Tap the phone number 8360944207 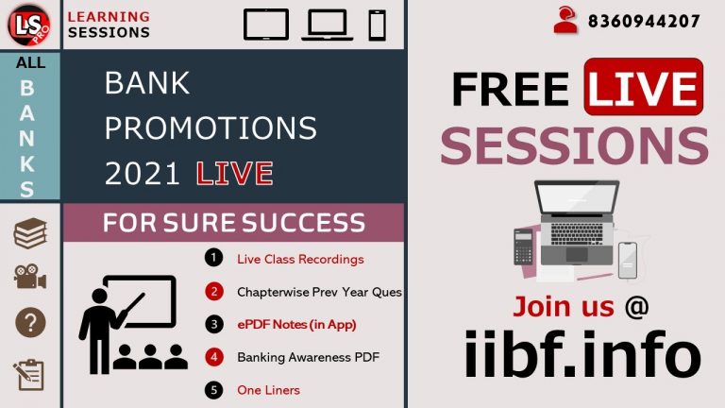(644, 21)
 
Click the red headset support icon (565, 21)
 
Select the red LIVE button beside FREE (643, 87)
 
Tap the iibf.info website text (582, 356)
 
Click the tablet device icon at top (265, 24)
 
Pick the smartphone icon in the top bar (378, 24)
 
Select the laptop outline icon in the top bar (327, 24)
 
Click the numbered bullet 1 (214, 258)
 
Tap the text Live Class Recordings (300, 259)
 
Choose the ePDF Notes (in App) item (302, 324)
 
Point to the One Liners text (268, 390)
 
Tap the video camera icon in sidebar (30, 277)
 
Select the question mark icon (30, 324)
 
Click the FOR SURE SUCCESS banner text (233, 223)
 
